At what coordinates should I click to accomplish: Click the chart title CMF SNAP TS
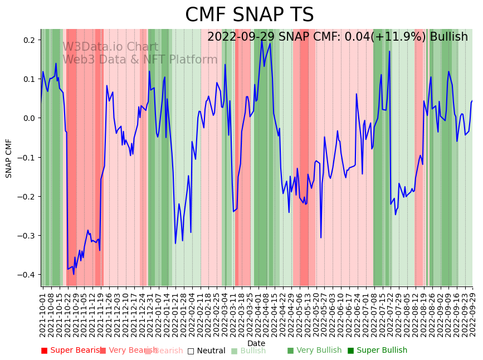[249, 15]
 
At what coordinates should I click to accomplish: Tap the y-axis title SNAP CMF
[9, 158]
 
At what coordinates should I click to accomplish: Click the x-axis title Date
[256, 343]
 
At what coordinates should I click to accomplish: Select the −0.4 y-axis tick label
[28, 275]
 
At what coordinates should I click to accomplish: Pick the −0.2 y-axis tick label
[28, 197]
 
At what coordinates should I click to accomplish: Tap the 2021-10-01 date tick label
[43, 312]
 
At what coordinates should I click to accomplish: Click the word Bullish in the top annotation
[448, 37]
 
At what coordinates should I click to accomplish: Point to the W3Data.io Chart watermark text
[110, 47]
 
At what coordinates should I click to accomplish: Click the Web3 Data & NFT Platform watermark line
[140, 60]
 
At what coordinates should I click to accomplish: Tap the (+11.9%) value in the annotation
[398, 37]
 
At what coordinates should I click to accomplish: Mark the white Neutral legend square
[191, 351]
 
